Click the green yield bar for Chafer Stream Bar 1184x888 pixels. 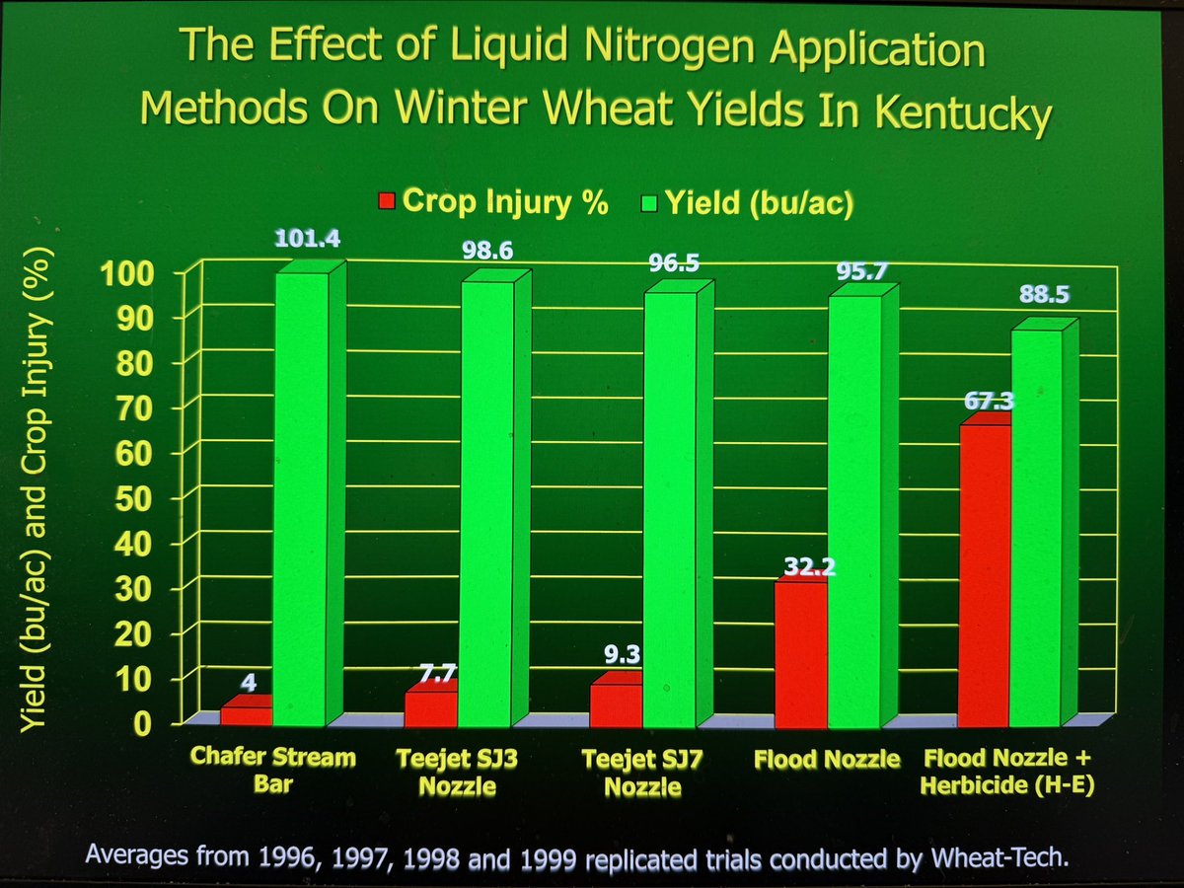point(300,493)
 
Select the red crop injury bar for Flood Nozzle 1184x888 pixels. point(800,651)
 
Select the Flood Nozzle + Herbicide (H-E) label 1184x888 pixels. point(996,774)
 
